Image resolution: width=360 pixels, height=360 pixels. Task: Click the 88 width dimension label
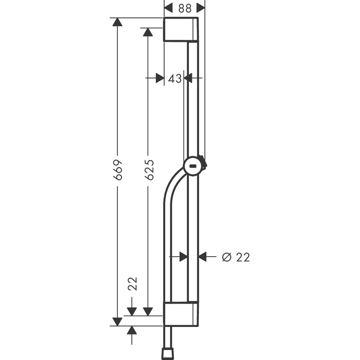pos(184,8)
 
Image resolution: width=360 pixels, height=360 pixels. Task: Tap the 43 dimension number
pos(174,78)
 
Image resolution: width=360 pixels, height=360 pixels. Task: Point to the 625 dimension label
pos(149,170)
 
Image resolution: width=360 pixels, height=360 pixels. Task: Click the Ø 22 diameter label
pos(236,257)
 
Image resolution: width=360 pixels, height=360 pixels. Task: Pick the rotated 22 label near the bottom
pos(132,284)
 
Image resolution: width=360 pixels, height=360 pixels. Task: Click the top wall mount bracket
pos(180,30)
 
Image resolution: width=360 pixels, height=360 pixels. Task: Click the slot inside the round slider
pos(194,166)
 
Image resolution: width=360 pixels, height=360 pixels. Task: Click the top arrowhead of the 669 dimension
pos(117,22)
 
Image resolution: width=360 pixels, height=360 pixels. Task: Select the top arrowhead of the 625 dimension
pos(147,33)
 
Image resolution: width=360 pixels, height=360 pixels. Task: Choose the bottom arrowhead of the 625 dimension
pos(147,311)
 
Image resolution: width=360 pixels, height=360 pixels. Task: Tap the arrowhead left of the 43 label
pos(159,78)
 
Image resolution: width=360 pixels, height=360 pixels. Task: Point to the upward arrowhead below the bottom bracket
pos(132,331)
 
